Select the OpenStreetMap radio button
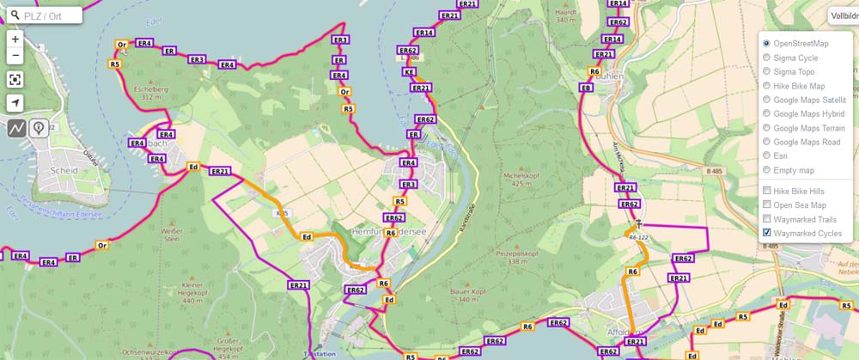(766, 43)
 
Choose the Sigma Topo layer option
(766, 72)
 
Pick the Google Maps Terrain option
(766, 128)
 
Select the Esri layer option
(766, 156)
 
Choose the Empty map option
(766, 170)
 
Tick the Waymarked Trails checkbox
(766, 219)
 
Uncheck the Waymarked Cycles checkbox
(766, 233)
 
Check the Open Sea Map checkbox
(766, 204)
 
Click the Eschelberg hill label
(151, 92)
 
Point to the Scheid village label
(64, 171)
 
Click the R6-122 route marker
(637, 237)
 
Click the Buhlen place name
(609, 76)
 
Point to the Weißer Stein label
(172, 236)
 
